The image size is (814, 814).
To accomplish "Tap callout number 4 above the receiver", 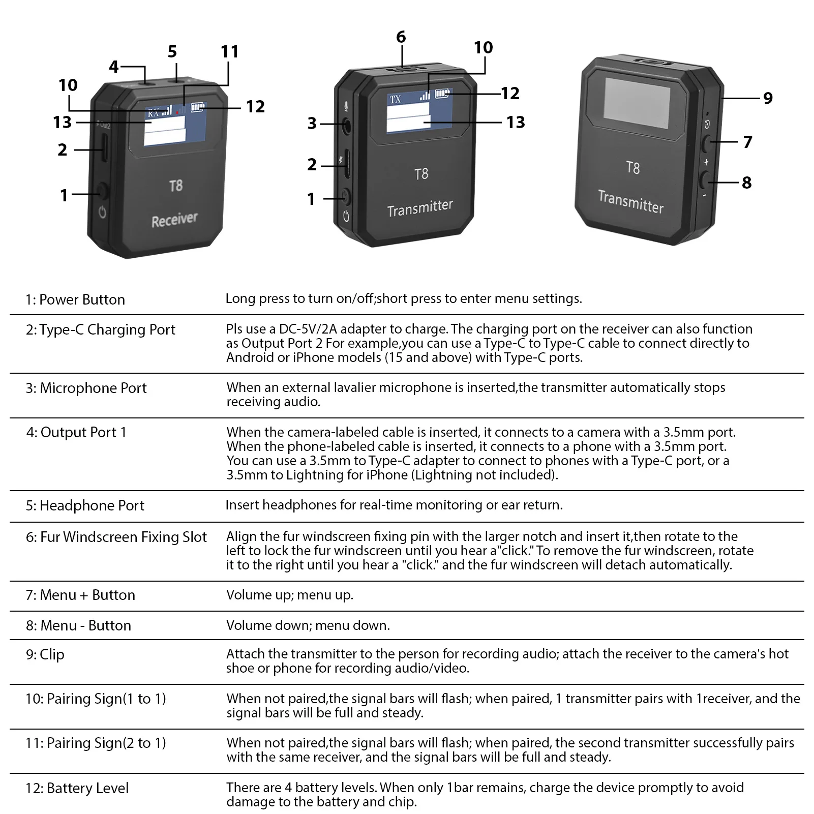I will [x=114, y=67].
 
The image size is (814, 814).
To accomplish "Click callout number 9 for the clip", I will [x=768, y=98].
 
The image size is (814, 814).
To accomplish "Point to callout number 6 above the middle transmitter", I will [x=401, y=37].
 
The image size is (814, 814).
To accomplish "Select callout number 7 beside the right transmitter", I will [x=747, y=142].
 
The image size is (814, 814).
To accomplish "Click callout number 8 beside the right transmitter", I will [x=747, y=183].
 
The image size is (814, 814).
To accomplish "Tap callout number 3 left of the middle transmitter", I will [x=312, y=123].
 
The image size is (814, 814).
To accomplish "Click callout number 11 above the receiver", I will [x=230, y=52].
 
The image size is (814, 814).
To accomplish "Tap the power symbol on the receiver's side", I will [x=102, y=213].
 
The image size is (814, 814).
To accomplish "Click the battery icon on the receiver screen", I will [x=197, y=108].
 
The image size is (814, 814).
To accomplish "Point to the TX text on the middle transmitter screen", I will [x=396, y=100].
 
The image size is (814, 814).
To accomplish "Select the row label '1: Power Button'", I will [x=75, y=299].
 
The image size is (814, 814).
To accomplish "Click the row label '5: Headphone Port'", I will [x=85, y=505].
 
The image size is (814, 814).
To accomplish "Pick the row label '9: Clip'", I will [x=45, y=654].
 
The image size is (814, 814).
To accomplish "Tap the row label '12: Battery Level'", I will [x=77, y=788].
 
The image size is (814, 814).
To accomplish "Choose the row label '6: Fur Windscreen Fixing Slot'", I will [x=116, y=537].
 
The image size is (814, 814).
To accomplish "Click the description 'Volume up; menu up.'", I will [x=290, y=595].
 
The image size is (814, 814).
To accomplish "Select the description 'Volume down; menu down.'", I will [x=308, y=625].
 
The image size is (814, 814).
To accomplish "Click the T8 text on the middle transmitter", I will [x=421, y=174].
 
